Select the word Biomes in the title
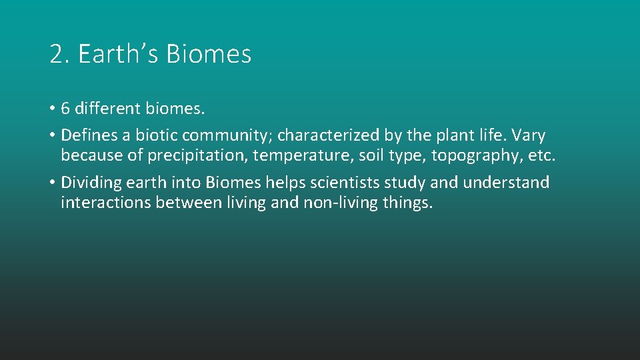click(209, 55)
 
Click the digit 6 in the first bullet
click(65, 108)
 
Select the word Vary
click(529, 135)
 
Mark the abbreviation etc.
click(541, 156)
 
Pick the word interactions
click(105, 203)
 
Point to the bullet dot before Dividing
click(52, 183)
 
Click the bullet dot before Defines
click(52, 135)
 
